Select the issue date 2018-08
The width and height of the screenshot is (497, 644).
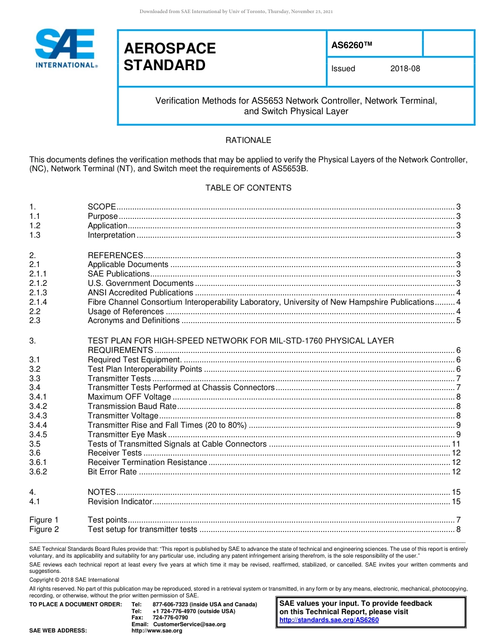tap(405, 69)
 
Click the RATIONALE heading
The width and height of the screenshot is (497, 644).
tap(248, 140)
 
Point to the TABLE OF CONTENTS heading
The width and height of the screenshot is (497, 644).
tap(248, 188)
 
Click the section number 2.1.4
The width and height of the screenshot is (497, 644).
tap(38, 302)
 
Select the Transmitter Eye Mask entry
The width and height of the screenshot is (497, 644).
tap(127, 435)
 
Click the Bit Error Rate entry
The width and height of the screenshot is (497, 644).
tap(112, 472)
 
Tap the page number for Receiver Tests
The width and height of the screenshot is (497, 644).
tap(456, 453)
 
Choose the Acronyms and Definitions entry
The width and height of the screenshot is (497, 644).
tap(133, 320)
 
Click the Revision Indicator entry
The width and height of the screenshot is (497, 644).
tap(120, 502)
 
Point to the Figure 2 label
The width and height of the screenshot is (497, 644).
tap(44, 529)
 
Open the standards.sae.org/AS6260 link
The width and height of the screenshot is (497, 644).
tap(329, 620)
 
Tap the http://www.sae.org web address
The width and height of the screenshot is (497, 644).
tap(157, 631)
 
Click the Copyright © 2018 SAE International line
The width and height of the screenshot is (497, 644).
tap(74, 580)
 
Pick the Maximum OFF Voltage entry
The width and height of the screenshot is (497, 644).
tap(129, 397)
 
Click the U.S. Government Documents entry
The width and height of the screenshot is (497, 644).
tap(140, 283)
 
